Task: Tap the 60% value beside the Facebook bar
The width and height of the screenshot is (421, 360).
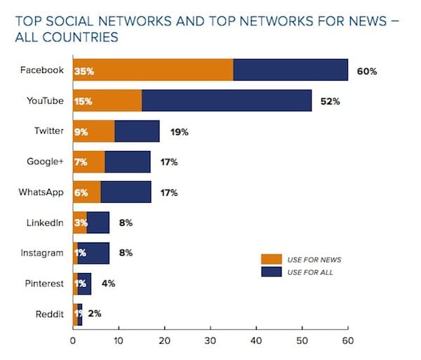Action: (x=368, y=71)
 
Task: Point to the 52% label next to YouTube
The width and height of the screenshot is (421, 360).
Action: (x=330, y=101)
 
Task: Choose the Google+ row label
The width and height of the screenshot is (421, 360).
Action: (x=46, y=161)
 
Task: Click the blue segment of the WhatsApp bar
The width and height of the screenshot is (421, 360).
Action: (x=126, y=192)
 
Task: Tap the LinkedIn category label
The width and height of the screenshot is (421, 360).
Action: (x=45, y=222)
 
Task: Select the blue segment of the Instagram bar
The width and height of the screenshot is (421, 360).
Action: (x=93, y=253)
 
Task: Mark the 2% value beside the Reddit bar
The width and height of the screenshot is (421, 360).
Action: (x=95, y=314)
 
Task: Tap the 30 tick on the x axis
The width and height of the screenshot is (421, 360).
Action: (x=210, y=342)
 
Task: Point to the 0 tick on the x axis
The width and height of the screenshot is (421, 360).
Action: (x=73, y=342)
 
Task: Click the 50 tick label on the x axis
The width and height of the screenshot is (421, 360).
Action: (x=302, y=342)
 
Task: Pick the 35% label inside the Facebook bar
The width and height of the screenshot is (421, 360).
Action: (x=85, y=71)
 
